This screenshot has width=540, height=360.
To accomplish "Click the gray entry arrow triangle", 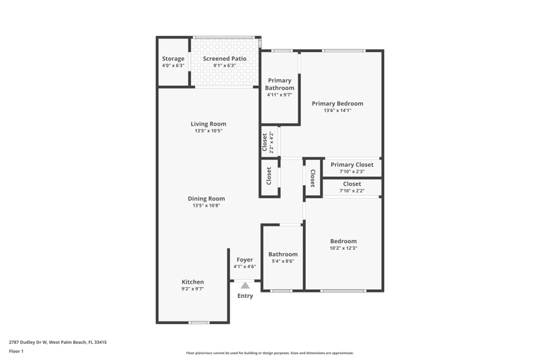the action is pyautogui.click(x=245, y=286).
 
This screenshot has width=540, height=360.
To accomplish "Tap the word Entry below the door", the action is pyautogui.click(x=245, y=296).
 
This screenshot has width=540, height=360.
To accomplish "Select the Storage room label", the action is pyautogui.click(x=173, y=59).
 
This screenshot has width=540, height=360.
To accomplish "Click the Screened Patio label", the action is pyautogui.click(x=225, y=59).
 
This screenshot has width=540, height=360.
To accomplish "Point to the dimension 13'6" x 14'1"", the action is pyautogui.click(x=337, y=111).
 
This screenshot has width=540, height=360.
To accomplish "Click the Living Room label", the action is pyautogui.click(x=209, y=124).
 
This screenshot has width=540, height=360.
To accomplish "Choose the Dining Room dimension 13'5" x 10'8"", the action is pyautogui.click(x=207, y=205).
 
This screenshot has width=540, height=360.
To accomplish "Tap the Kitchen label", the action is pyautogui.click(x=193, y=282).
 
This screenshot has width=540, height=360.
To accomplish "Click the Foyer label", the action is pyautogui.click(x=245, y=260).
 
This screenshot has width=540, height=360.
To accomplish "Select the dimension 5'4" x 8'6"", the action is pyautogui.click(x=283, y=261).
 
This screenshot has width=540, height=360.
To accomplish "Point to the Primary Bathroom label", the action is pyautogui.click(x=279, y=84).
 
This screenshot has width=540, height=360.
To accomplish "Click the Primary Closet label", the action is pyautogui.click(x=352, y=165).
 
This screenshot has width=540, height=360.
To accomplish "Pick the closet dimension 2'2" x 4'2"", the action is pyautogui.click(x=271, y=142).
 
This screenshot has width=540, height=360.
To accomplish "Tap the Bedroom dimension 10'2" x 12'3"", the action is pyautogui.click(x=344, y=248).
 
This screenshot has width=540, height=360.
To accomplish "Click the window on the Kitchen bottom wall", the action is pyautogui.click(x=199, y=322).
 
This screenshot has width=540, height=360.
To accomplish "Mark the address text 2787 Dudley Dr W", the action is pyautogui.click(x=28, y=342).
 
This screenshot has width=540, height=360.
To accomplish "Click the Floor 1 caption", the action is pyautogui.click(x=16, y=351).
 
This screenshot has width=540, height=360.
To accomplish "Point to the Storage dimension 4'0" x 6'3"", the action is pyautogui.click(x=173, y=66).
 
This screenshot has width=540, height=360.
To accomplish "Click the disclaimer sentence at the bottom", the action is pyautogui.click(x=270, y=353).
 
